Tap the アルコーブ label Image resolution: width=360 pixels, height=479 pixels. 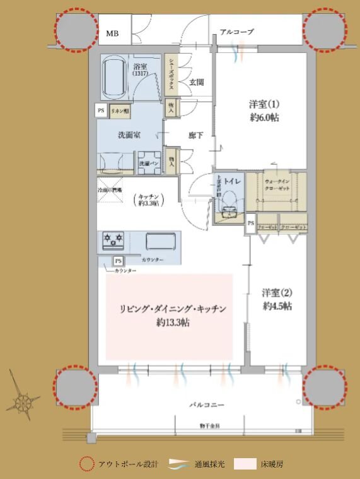coord(237,31)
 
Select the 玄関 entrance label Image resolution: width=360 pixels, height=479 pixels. coord(197,81)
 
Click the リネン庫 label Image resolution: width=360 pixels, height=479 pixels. coord(119,110)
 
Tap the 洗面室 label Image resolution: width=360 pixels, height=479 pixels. coord(129,134)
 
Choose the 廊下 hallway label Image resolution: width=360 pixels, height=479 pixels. coord(195,134)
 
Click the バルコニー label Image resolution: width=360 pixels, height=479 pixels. coord(204,403)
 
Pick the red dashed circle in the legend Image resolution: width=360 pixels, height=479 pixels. coord(87,464)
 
